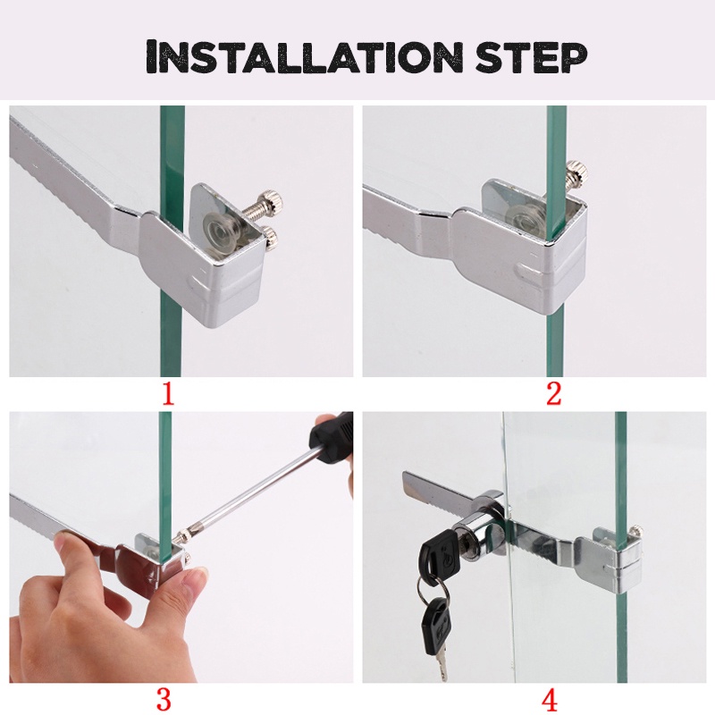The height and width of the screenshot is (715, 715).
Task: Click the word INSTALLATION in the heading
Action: pyautogui.click(x=305, y=56)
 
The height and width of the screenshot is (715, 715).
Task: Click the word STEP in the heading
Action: pyautogui.click(x=531, y=57)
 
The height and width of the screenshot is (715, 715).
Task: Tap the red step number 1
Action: pyautogui.click(x=169, y=393)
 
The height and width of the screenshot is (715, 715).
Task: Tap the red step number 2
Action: pyautogui.click(x=553, y=393)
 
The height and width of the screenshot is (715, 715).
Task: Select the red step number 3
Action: pyautogui.click(x=164, y=699)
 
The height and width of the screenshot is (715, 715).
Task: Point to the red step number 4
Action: pyautogui.click(x=550, y=699)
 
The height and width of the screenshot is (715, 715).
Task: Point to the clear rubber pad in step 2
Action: pyautogui.click(x=528, y=217)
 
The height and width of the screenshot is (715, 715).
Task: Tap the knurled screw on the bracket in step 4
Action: pyautogui.click(x=636, y=530)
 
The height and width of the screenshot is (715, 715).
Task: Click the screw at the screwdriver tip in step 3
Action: pyautogui.click(x=181, y=534)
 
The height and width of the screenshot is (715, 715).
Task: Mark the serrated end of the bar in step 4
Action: pyautogui.click(x=414, y=485)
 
